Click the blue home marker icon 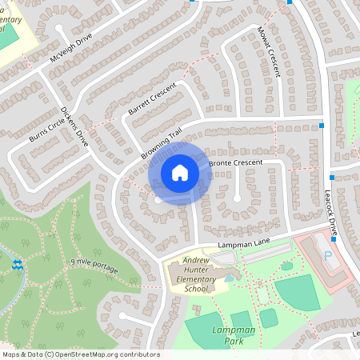tap(180, 172)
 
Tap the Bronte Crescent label tap(235, 163)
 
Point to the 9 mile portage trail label tap(94, 266)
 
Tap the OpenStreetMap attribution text tap(80, 354)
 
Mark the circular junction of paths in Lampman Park tap(258, 283)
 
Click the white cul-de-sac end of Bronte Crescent tap(238, 197)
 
